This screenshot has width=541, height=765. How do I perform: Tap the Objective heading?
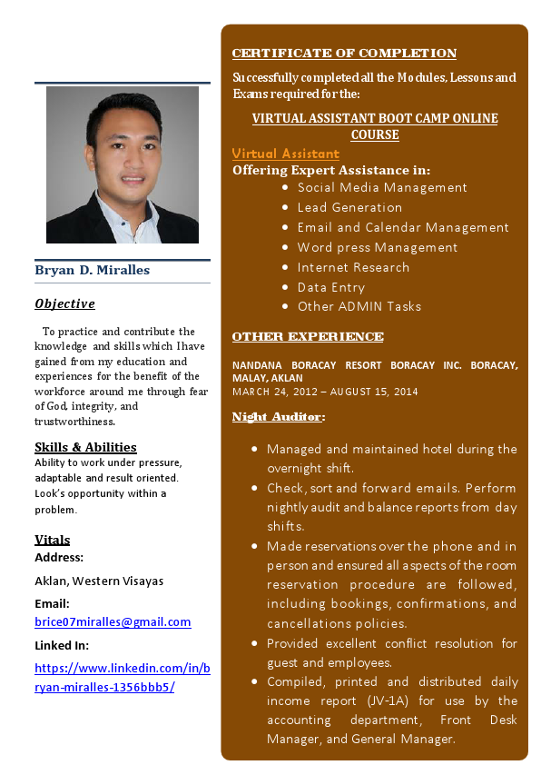click(x=64, y=303)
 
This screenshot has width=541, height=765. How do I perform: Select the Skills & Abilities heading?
click(x=85, y=447)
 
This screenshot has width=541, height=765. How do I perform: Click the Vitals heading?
click(x=52, y=540)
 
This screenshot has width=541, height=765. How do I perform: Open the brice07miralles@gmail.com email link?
click(x=113, y=621)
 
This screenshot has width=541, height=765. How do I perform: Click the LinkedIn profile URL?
click(x=122, y=677)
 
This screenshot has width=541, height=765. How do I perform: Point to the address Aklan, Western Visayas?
click(x=99, y=581)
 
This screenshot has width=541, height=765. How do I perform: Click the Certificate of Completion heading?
click(x=344, y=54)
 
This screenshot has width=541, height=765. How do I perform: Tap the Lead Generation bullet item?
click(x=349, y=207)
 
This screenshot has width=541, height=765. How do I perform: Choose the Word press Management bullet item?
click(x=377, y=247)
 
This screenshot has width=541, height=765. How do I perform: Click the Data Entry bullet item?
click(x=330, y=287)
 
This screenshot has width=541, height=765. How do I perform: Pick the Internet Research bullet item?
click(x=353, y=267)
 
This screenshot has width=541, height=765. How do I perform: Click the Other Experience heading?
click(x=308, y=337)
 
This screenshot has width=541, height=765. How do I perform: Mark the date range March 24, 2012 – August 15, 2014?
click(x=325, y=392)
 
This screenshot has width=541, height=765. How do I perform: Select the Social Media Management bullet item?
click(x=382, y=187)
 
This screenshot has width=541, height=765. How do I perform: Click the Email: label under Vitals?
click(x=52, y=603)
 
